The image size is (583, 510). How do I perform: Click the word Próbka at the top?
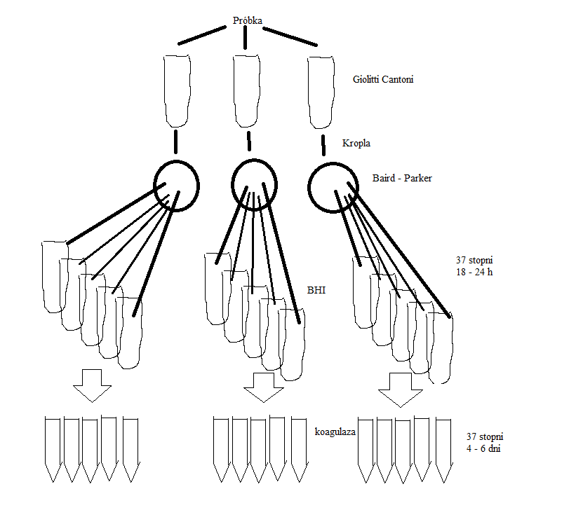[x=247, y=20]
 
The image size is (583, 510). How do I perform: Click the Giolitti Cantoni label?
[x=383, y=80]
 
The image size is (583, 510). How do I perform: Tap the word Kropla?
[x=356, y=143]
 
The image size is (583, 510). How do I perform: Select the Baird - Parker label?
[x=402, y=179]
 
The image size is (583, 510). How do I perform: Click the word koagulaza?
[x=335, y=432]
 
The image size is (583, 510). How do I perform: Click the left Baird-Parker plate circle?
[x=176, y=186]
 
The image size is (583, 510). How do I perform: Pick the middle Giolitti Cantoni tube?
[x=247, y=88]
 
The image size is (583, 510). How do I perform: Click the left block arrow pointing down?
[x=92, y=385]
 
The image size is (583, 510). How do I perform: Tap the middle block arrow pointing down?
[x=264, y=387]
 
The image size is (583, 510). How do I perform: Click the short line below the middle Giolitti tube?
[x=248, y=142]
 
